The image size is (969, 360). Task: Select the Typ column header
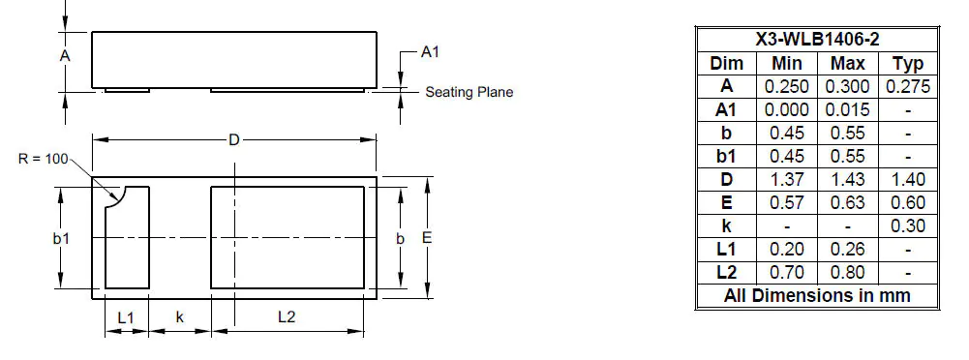click(907, 63)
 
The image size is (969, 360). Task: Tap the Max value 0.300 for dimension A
click(847, 86)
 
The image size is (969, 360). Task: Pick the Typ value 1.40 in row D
click(907, 179)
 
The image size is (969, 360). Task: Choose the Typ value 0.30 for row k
click(907, 225)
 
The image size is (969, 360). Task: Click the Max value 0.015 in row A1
click(847, 109)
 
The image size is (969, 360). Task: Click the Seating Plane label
click(469, 93)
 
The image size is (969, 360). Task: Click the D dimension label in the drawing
click(233, 140)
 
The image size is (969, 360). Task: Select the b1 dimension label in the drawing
click(60, 237)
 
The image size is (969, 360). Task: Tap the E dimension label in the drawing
click(426, 237)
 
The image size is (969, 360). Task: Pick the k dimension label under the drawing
click(180, 317)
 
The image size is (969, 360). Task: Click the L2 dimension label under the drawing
click(287, 317)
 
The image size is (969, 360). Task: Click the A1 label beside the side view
click(430, 52)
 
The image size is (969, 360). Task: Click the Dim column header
click(726, 63)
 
